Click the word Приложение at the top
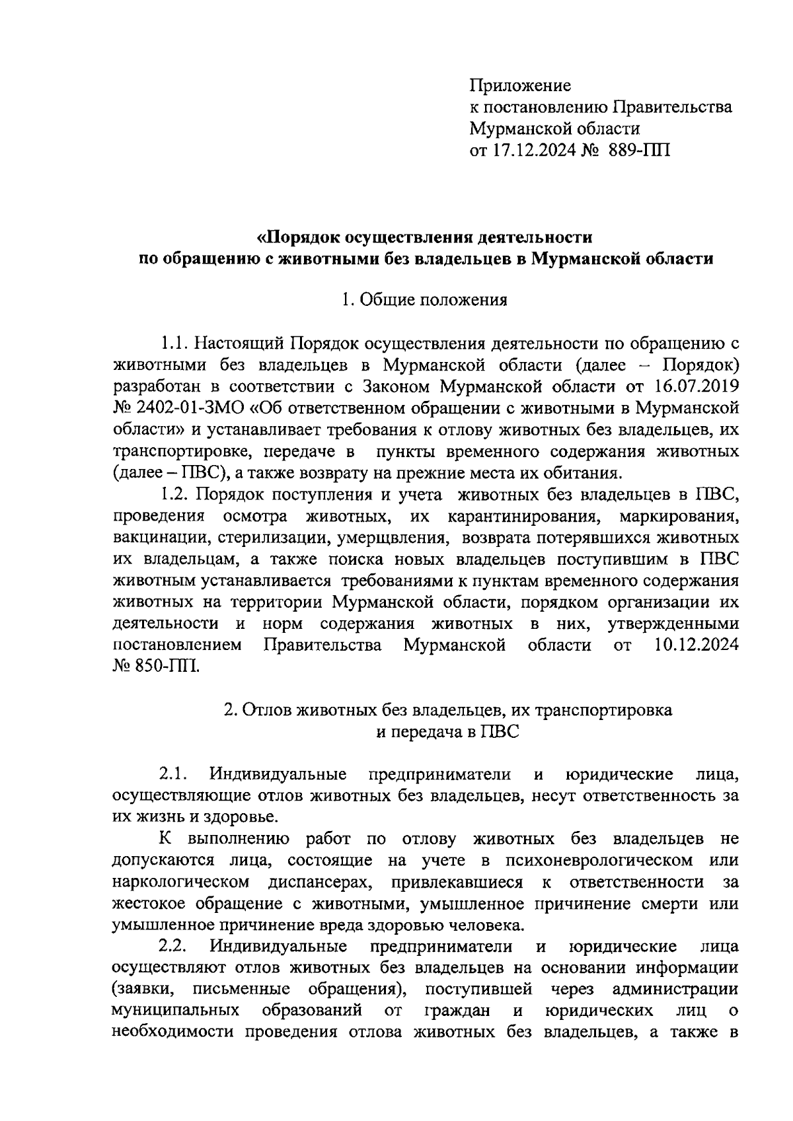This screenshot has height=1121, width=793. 519,86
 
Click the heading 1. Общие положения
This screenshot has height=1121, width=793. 424,301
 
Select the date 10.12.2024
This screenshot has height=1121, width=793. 697,645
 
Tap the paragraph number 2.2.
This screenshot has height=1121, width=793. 175,947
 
